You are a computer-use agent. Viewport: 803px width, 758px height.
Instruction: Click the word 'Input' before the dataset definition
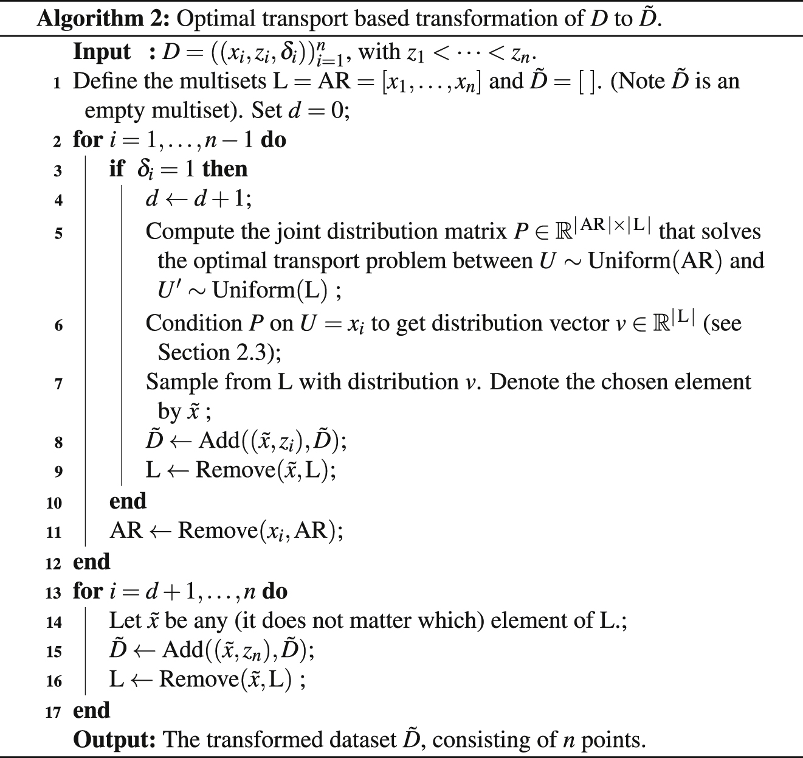pos(102,52)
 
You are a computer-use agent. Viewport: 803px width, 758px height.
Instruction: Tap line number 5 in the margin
pos(58,233)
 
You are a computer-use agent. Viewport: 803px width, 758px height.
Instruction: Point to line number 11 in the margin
pos(54,532)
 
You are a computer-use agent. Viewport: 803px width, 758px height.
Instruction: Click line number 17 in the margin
pos(54,712)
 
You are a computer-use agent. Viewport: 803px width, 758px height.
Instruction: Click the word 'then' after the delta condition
pos(225,169)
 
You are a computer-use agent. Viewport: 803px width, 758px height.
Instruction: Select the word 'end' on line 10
pos(128,501)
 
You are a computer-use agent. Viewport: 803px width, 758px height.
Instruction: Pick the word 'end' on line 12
pos(91,562)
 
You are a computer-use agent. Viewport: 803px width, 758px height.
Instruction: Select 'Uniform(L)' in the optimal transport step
pos(269,290)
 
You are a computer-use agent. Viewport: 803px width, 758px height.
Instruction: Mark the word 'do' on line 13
pos(275,591)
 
